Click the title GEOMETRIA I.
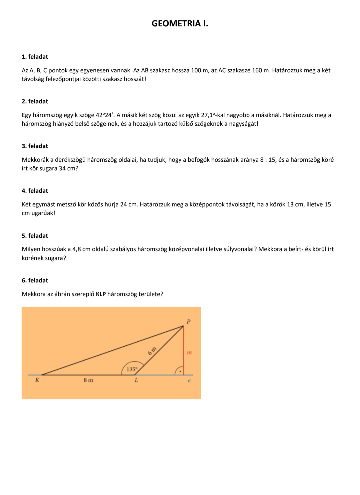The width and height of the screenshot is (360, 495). (180, 24)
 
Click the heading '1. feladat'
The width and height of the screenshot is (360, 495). (35, 57)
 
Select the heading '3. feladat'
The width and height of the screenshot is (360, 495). (35, 146)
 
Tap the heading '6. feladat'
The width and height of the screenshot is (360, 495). (35, 280)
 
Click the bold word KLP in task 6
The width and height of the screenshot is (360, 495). (101, 294)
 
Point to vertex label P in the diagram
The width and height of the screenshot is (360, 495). (188, 322)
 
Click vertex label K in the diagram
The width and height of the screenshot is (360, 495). (37, 380)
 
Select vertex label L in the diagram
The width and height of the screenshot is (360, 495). (136, 380)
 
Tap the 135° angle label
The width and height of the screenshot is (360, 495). (132, 369)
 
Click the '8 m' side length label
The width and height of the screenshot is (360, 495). (88, 380)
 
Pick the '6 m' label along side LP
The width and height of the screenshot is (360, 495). (152, 351)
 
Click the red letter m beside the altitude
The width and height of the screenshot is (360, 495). (189, 352)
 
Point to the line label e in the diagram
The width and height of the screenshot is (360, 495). (189, 380)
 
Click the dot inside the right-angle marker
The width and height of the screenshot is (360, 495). (180, 371)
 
